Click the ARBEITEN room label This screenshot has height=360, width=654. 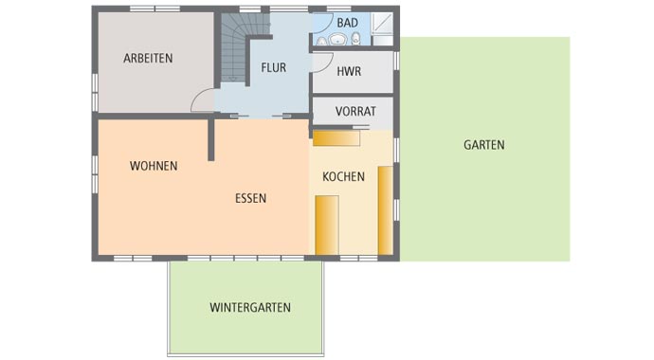coord(148,58)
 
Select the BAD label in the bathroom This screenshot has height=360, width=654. coord(347,22)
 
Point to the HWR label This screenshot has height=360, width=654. coord(350,70)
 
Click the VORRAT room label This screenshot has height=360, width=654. coord(355,111)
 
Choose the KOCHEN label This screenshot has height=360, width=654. coord(343,176)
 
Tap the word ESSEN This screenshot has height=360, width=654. coord(251,199)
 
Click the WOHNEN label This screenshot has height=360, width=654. coord(154,166)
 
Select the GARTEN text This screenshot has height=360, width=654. coord(483,145)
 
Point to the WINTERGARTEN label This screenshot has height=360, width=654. coord(250,307)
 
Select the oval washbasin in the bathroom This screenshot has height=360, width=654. coord(337,39)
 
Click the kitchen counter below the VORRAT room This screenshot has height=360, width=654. coord(336,138)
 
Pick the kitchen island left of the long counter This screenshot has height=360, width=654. coord(327,225)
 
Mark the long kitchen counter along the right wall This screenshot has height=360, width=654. coord(385,210)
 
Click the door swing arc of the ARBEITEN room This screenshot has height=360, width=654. coord(202,100)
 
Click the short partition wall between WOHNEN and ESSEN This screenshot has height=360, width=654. coord(211,140)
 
